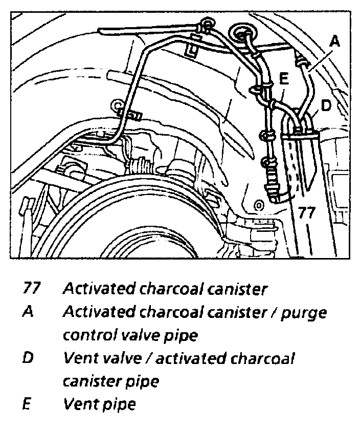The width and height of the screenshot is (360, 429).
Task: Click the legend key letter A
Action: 28,312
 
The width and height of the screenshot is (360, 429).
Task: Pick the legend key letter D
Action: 29,358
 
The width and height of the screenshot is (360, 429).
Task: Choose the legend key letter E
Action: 27,404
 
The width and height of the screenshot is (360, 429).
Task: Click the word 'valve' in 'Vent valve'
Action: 120,358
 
